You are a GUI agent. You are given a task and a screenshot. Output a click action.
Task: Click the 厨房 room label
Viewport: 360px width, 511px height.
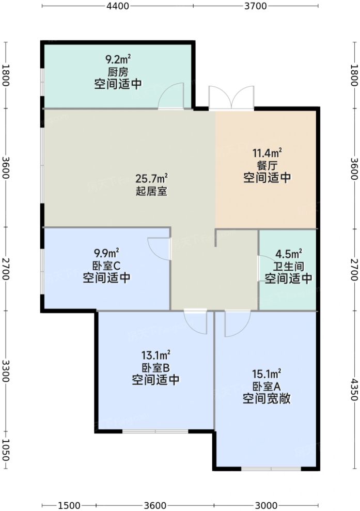coord(118,72)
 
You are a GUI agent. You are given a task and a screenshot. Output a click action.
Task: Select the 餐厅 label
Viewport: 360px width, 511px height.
coord(267,165)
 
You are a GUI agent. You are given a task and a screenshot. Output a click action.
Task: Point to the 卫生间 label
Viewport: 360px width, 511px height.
coord(288,266)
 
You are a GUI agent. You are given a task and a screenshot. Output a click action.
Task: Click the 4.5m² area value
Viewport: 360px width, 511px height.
coord(288,253)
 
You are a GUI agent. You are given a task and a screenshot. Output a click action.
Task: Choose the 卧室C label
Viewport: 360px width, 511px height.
coord(106,266)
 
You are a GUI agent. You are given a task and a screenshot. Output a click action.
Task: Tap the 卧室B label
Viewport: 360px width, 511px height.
coord(155,368)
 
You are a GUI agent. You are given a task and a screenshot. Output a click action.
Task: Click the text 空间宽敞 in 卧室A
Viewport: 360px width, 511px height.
coord(267,398)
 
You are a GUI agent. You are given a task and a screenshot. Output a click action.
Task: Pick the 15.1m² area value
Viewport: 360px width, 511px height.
coord(267,374)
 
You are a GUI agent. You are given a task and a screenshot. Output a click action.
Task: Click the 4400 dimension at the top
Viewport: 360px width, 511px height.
coord(118,6)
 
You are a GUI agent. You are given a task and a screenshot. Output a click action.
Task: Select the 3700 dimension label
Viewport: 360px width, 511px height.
coord(256,6)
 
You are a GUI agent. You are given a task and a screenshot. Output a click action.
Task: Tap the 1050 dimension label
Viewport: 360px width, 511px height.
coord(6,450)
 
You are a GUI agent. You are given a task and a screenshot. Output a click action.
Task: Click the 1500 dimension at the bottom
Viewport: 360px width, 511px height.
coord(69,505)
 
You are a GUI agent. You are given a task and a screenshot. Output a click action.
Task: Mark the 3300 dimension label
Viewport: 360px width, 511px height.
coord(6,371)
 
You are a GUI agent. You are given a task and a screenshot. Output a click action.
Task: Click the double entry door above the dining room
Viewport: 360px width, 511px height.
coord(231,98)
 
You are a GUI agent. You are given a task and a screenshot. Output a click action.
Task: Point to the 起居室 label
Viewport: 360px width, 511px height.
coord(151,191)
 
